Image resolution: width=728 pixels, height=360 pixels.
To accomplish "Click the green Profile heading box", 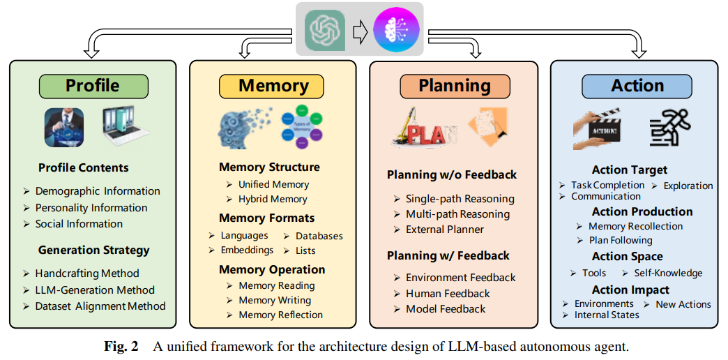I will point(93,86).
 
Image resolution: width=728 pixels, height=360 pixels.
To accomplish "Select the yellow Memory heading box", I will point(273,86).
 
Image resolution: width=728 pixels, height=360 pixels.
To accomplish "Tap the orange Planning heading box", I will point(454,86).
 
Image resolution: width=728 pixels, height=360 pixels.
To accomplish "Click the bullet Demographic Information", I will point(98,191).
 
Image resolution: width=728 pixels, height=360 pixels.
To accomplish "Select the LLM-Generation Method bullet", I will point(95,290).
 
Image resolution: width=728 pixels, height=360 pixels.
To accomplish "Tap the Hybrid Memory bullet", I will point(273,199).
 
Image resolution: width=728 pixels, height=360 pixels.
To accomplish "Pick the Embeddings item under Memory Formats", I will point(247,250).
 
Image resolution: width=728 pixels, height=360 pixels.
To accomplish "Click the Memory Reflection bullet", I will point(280,315).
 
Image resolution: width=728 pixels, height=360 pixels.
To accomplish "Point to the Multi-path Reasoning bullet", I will point(457,214).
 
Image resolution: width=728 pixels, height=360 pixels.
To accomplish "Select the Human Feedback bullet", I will point(448,294).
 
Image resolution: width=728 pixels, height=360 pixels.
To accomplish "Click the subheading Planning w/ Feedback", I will point(448,256).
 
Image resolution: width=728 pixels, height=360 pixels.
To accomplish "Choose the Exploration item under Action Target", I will point(688,186).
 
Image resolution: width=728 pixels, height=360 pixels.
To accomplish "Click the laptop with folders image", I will point(126,127).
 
